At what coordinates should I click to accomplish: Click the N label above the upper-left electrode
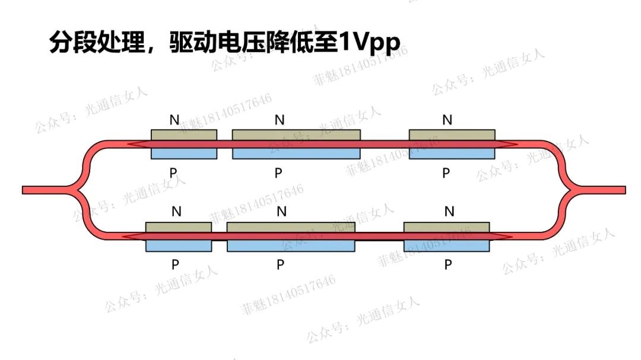[x=174, y=120]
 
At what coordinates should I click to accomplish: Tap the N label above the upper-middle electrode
[x=280, y=120]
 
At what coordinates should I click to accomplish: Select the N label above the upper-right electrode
[x=448, y=120]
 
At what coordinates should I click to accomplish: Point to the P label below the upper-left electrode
[x=173, y=173]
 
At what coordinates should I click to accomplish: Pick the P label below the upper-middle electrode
[x=279, y=173]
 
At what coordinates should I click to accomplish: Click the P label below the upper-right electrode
[x=446, y=173]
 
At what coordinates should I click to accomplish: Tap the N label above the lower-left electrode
[x=176, y=211]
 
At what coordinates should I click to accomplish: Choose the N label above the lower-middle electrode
[x=282, y=211]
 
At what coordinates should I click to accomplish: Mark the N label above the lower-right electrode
[x=449, y=211]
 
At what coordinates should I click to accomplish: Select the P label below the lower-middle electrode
[x=280, y=265]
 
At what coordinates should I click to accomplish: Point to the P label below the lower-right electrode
[x=448, y=265]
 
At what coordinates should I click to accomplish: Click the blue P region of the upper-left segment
[x=184, y=154]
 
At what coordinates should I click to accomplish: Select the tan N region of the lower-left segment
[x=179, y=227]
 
